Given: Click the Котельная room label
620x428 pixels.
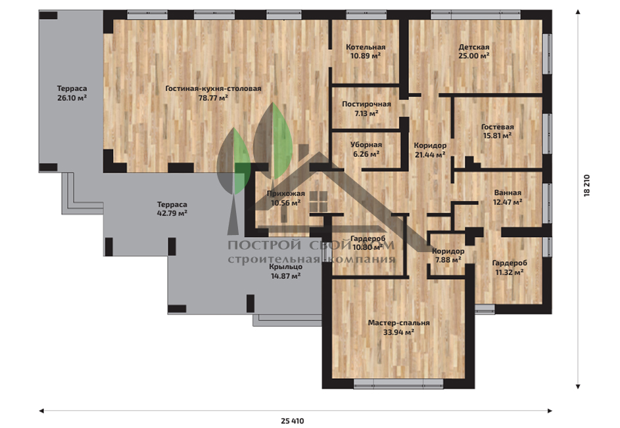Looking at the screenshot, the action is click(366, 51).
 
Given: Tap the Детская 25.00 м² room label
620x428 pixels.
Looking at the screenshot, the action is click(473, 51).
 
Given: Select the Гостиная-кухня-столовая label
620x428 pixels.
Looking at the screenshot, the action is click(213, 89).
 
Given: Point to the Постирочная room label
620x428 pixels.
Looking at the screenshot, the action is click(366, 108).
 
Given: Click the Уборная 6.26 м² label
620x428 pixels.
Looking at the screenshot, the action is click(366, 149).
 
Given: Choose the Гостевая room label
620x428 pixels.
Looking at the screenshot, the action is click(498, 131).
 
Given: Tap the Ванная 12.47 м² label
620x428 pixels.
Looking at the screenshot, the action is click(508, 198).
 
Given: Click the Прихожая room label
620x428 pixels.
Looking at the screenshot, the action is click(285, 198).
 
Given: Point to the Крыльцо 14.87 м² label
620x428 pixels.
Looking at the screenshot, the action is click(285, 271).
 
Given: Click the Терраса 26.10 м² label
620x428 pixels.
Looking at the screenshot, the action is click(72, 93).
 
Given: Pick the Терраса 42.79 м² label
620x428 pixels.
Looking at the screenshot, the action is click(172, 209).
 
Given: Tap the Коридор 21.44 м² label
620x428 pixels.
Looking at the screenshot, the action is click(430, 150).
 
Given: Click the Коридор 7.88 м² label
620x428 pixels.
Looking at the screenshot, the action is click(448, 255).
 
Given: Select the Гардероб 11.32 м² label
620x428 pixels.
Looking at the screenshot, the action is click(510, 267).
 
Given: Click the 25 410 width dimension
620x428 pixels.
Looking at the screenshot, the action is click(293, 421).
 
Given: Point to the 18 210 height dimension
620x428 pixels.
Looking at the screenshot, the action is click(586, 186).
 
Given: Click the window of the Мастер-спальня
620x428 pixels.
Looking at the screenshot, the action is click(398, 384).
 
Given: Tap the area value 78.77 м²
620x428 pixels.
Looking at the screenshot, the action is click(213, 98).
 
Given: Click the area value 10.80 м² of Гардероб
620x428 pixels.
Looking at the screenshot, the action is click(368, 247).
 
